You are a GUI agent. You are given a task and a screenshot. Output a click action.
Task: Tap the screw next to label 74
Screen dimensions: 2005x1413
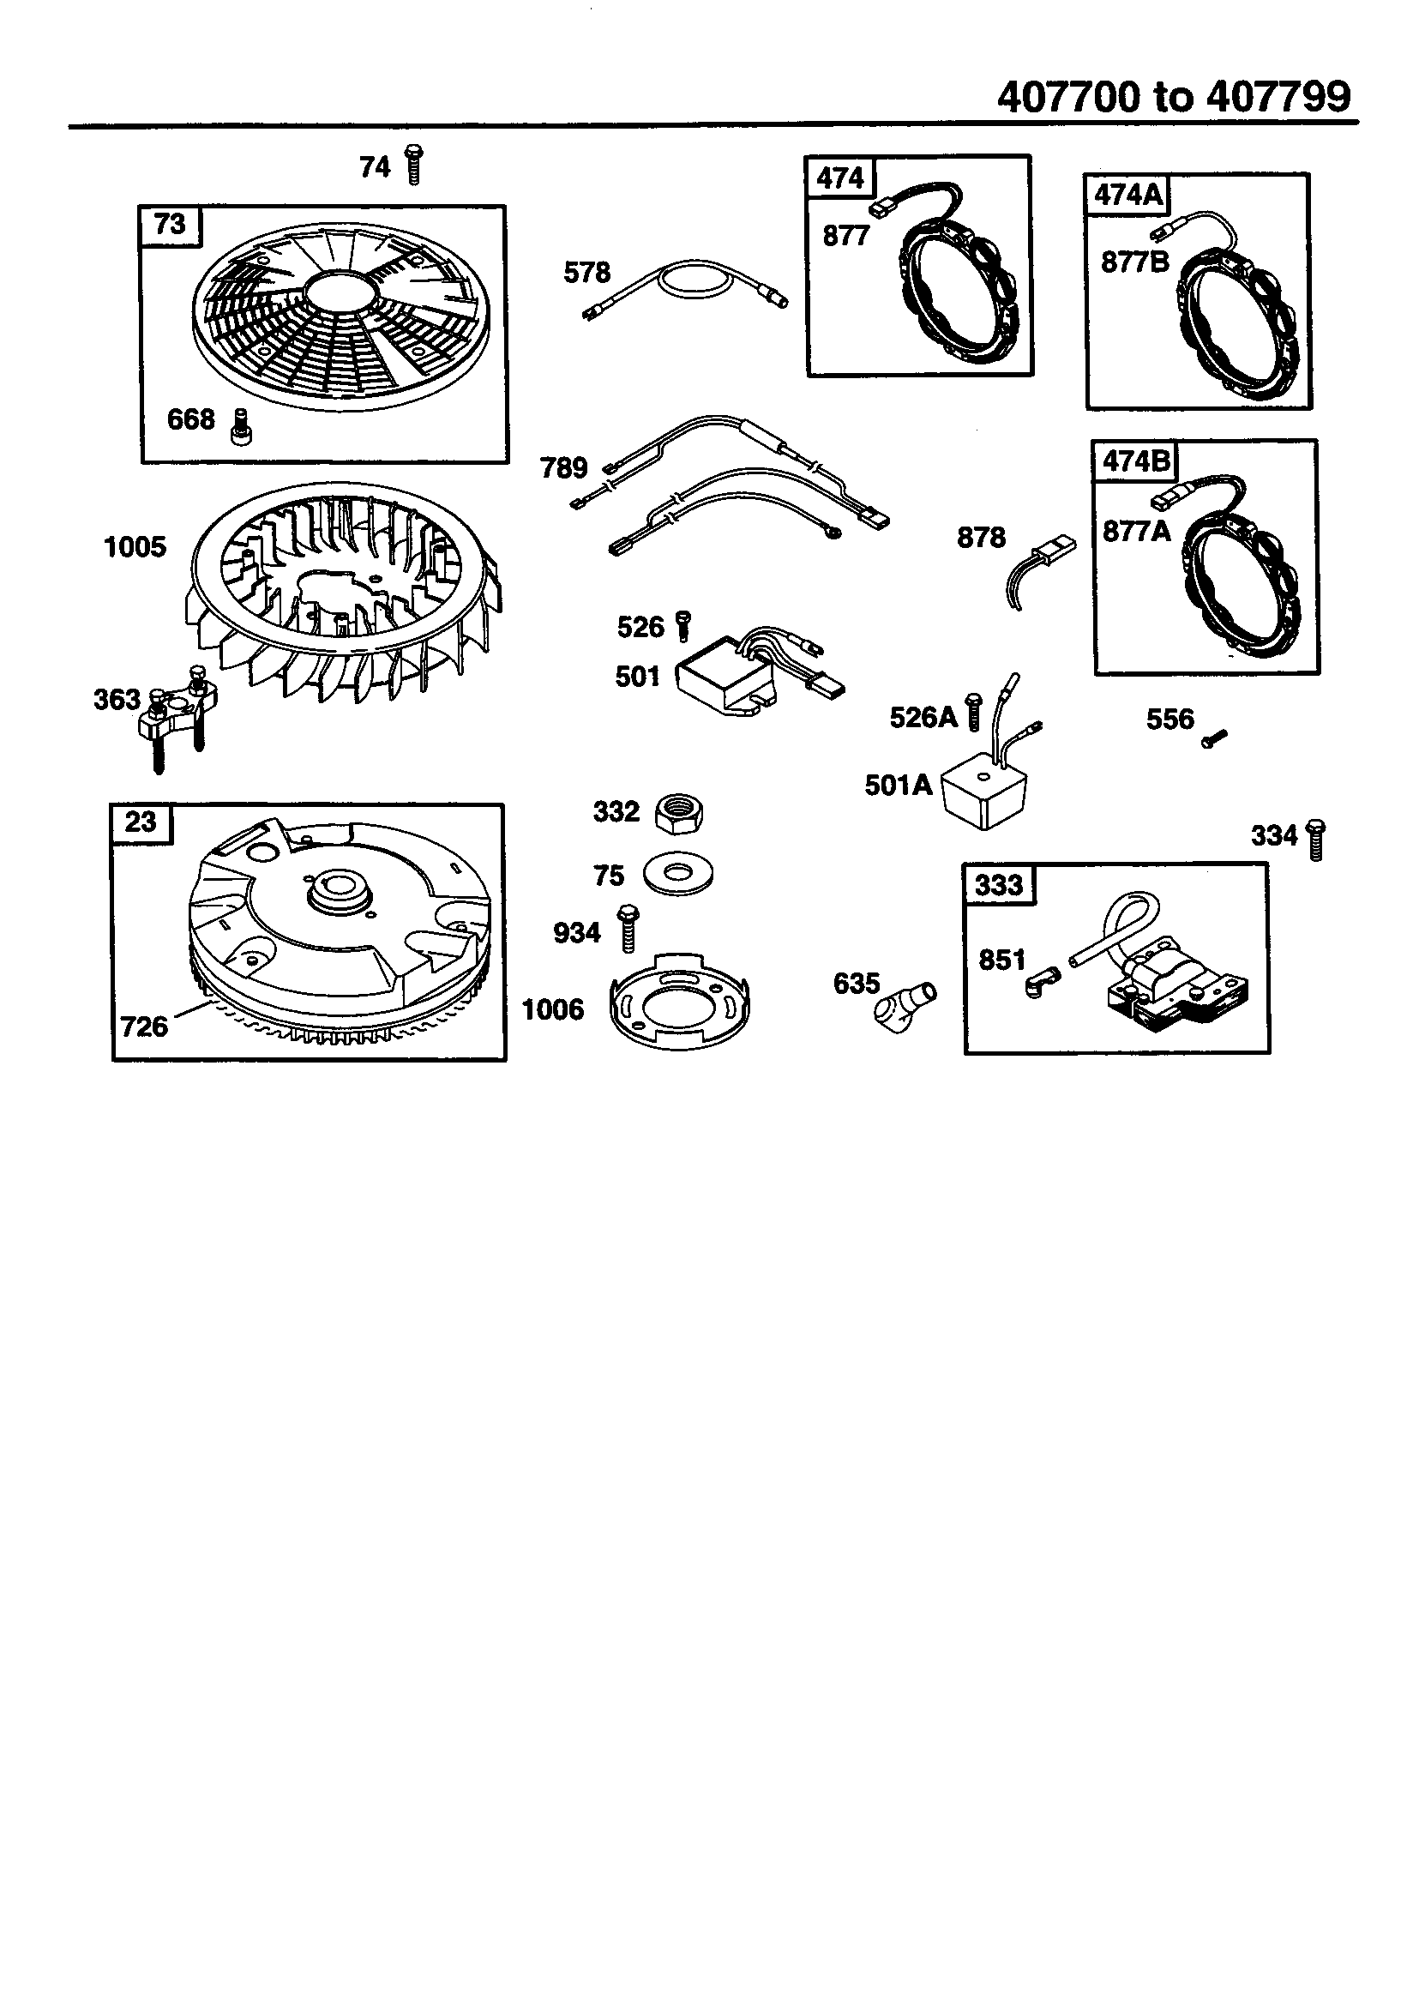pyautogui.click(x=414, y=165)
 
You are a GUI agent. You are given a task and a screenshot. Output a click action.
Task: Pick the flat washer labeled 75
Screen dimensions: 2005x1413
pyautogui.click(x=677, y=872)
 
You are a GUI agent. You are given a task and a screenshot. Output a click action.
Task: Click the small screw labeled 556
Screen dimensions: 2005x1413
pyautogui.click(x=1213, y=738)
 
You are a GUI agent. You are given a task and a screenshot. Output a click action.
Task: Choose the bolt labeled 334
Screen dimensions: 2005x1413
pyautogui.click(x=1315, y=840)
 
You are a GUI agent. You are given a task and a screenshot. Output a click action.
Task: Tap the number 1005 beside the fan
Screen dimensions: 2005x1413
pyautogui.click(x=135, y=547)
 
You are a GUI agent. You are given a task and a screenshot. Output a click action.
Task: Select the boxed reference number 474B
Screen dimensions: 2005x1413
pyautogui.click(x=1135, y=461)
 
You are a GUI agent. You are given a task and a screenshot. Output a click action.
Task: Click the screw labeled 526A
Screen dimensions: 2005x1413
pyautogui.click(x=975, y=711)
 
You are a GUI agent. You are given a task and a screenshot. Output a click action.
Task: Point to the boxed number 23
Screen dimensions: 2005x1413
pyautogui.click(x=141, y=822)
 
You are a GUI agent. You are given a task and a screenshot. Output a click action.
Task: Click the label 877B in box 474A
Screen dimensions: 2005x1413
pyautogui.click(x=1133, y=262)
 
